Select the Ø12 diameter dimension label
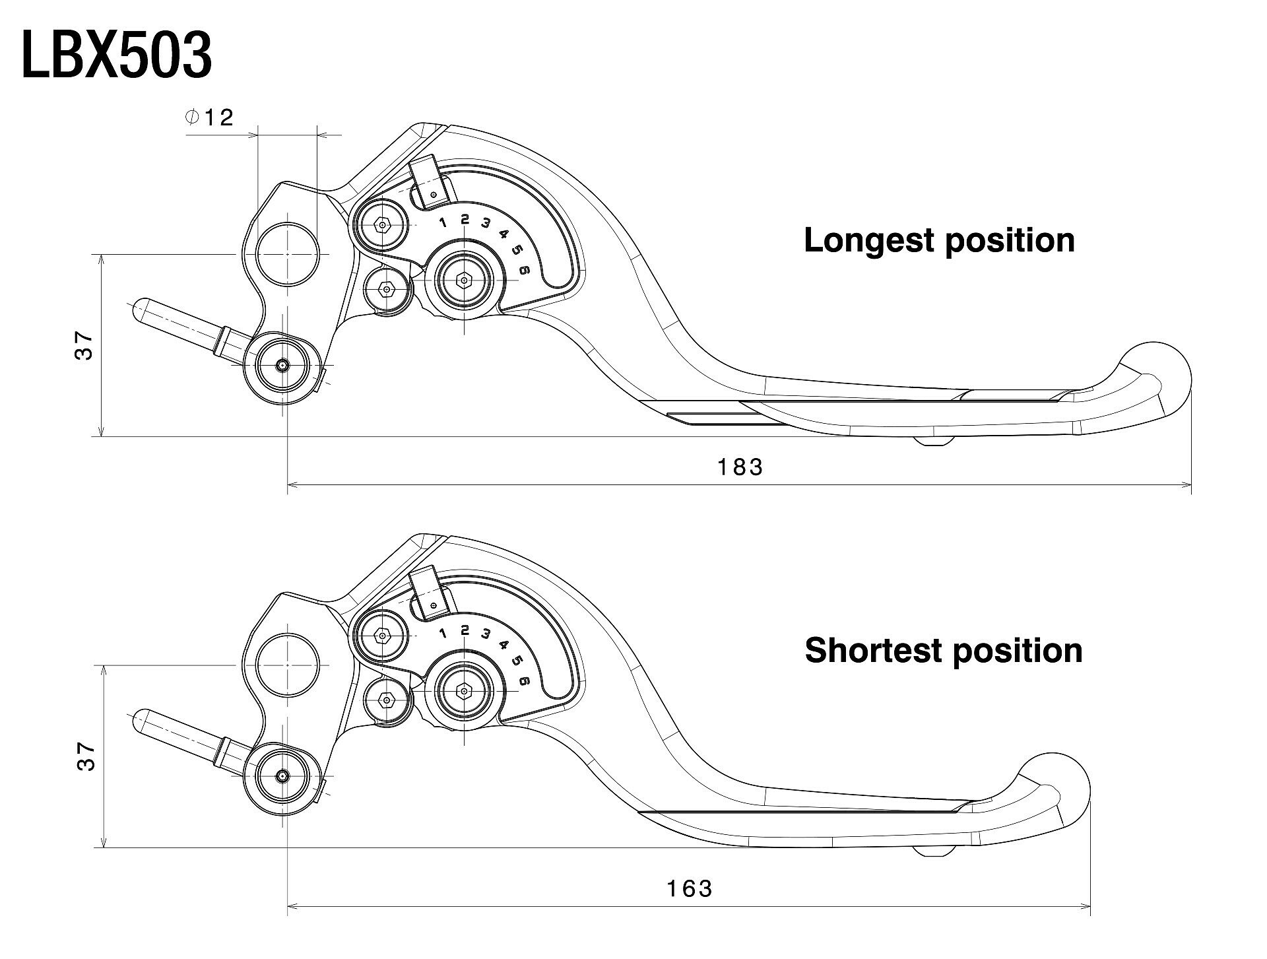(x=210, y=118)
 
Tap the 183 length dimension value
(x=740, y=467)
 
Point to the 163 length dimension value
(x=690, y=889)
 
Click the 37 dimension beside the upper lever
(x=85, y=345)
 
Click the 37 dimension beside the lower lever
(x=86, y=756)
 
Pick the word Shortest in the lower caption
(x=873, y=651)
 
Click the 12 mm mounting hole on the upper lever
(x=288, y=255)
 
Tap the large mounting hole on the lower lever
(x=288, y=665)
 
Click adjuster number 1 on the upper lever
(x=443, y=222)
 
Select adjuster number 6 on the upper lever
(x=525, y=269)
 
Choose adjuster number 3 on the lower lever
(x=486, y=634)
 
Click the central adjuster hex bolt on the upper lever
(x=465, y=281)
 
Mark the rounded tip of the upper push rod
(x=141, y=309)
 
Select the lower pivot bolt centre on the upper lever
(x=283, y=365)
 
